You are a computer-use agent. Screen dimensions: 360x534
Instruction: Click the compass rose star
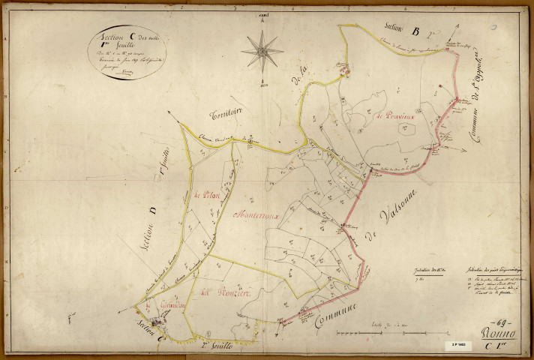coord(262,52)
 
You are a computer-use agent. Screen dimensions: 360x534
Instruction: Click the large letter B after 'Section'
coord(414,31)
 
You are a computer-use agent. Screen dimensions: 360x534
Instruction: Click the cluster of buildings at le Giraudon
coord(164,318)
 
